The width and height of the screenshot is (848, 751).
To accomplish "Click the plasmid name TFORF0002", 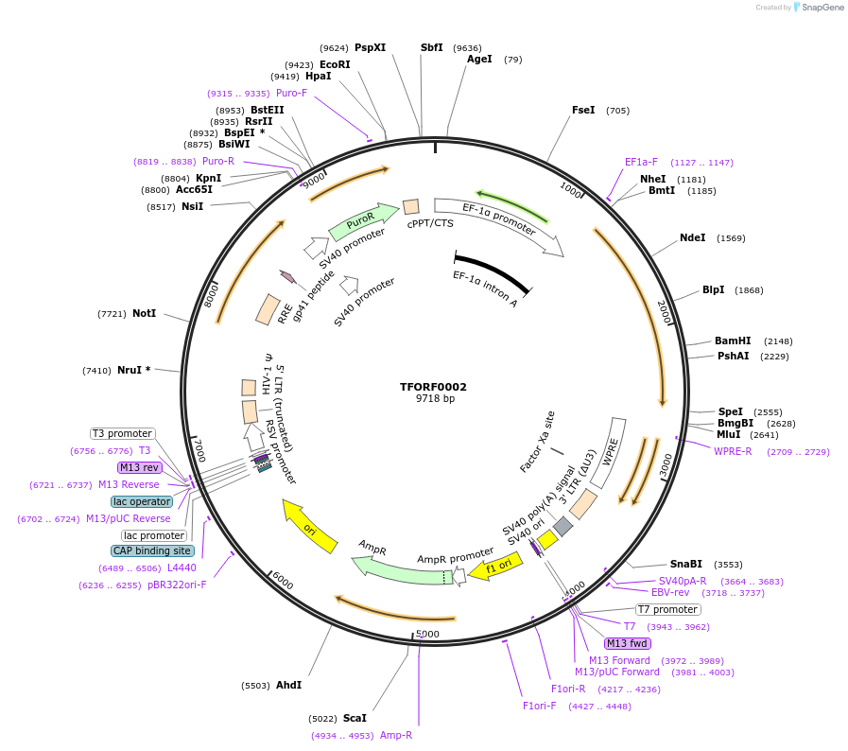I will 433,387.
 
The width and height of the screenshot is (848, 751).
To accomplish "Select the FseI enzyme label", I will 583,110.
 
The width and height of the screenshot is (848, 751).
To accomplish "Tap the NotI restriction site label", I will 144,313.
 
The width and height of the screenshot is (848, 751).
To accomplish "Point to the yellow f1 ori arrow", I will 496,568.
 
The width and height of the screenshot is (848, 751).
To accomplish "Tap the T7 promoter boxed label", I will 667,609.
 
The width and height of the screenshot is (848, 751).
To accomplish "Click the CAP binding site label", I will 152,550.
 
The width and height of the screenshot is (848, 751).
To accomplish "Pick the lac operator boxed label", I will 142,501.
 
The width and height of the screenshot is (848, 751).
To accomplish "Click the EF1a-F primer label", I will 641,162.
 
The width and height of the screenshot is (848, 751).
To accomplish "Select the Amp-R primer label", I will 396,735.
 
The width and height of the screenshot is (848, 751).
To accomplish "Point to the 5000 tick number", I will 427,633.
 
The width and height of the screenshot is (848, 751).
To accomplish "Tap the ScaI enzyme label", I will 355,718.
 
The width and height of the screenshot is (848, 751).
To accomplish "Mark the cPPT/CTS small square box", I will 411,206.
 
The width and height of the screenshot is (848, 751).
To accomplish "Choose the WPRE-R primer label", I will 733,451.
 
